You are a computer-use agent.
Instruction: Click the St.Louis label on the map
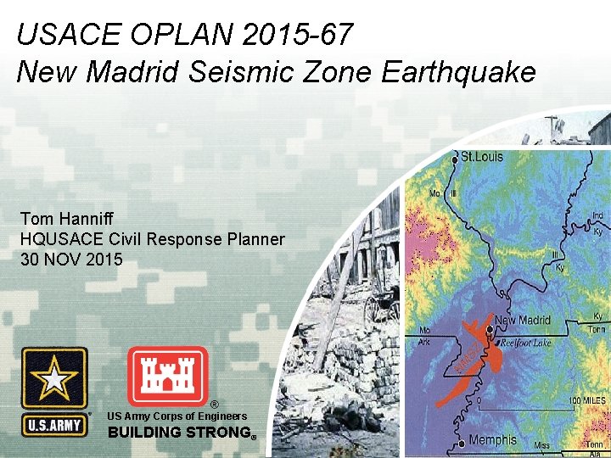(482, 157)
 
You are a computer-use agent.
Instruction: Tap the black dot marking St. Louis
(454, 158)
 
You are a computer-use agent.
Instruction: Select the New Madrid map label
(523, 321)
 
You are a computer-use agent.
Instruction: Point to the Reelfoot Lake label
(525, 342)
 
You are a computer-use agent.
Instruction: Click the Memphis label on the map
(493, 439)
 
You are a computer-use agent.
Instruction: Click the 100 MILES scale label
(587, 400)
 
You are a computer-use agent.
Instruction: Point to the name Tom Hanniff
(63, 219)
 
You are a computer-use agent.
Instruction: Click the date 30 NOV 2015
(71, 260)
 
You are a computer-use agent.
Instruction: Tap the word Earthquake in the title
(458, 72)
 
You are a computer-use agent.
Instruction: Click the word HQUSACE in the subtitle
(57, 239)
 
